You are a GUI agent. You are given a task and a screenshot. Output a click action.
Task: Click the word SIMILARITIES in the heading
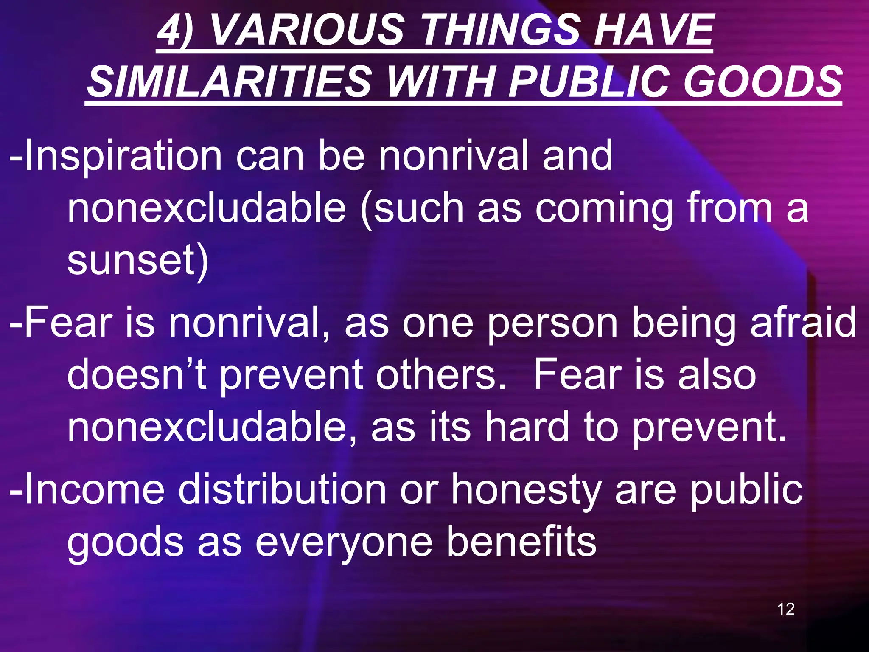(x=230, y=81)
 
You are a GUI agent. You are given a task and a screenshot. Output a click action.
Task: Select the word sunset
(x=134, y=260)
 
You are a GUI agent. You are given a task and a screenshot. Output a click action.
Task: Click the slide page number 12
(x=786, y=609)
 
